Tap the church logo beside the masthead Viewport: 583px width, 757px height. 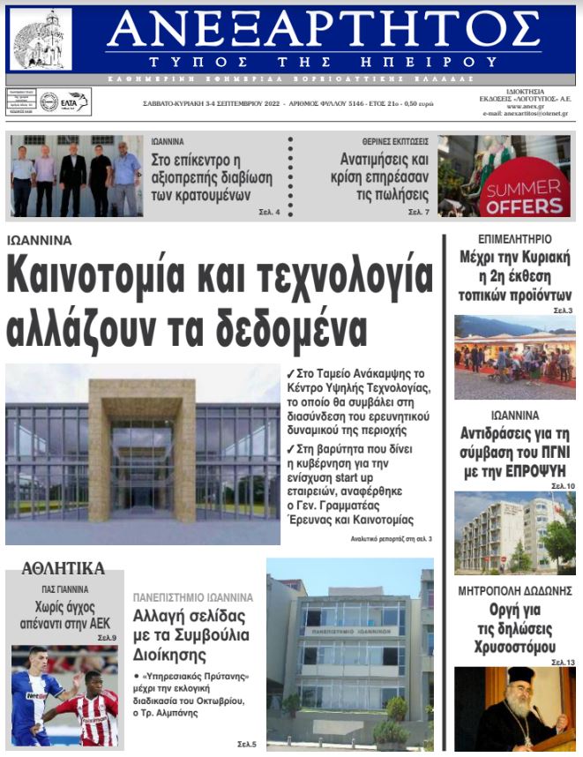tap(41, 40)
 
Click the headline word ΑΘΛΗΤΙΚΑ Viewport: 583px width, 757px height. tap(64, 568)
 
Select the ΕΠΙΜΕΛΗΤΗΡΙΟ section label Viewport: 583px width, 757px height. tap(514, 239)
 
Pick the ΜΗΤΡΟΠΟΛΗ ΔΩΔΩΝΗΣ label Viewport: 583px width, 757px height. tap(514, 590)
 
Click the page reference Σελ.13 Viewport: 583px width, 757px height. tap(563, 662)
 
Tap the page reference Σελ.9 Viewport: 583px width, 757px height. tap(107, 637)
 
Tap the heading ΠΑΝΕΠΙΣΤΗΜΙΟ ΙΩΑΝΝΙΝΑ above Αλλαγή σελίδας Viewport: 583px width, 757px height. tap(192, 596)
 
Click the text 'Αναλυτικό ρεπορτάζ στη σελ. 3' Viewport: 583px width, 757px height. tap(391, 538)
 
